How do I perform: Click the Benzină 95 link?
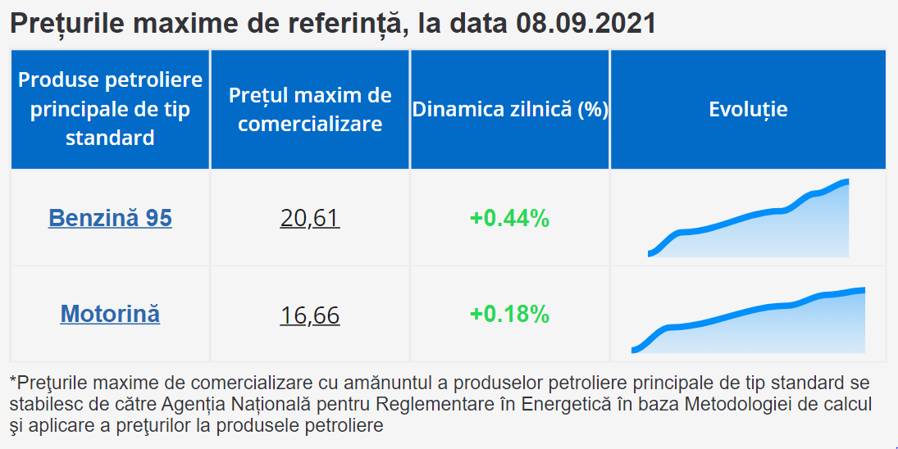[110, 218]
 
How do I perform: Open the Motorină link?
[110, 314]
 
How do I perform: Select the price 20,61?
[310, 219]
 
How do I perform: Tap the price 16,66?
[310, 315]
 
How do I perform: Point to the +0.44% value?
[510, 219]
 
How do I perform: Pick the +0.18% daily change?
[510, 314]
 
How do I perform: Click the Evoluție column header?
[748, 109]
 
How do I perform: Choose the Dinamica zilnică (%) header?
[510, 109]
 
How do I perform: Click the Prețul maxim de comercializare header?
[310, 109]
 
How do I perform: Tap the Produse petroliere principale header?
[110, 109]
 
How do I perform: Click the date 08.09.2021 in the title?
[586, 24]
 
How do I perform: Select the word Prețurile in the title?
[67, 24]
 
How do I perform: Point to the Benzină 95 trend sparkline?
[749, 218]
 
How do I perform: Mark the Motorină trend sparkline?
[748, 320]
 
